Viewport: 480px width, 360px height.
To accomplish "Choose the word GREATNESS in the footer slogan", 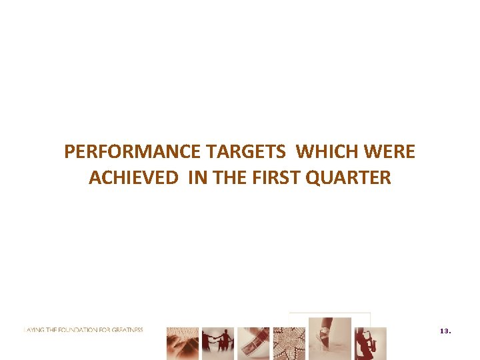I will (x=129, y=330).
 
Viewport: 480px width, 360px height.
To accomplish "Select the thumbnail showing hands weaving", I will (x=182, y=343).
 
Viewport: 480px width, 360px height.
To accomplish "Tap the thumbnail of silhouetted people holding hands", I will (x=218, y=343).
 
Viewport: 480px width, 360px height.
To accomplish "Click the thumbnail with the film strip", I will (x=253, y=343).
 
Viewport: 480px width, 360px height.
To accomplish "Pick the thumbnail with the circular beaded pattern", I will (x=289, y=343).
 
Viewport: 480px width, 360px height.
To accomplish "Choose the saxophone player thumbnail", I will (x=370, y=343).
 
